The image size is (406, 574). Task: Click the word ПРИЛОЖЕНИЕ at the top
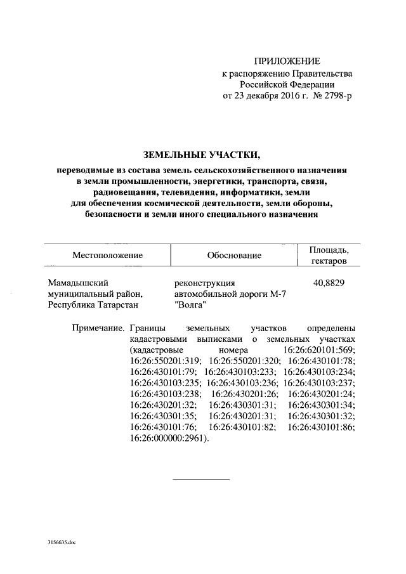tap(287, 62)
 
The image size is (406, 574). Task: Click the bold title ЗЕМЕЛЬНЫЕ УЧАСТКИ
tap(202, 155)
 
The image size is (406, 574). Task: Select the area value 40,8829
tap(329, 283)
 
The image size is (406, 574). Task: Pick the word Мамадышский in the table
tap(76, 283)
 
